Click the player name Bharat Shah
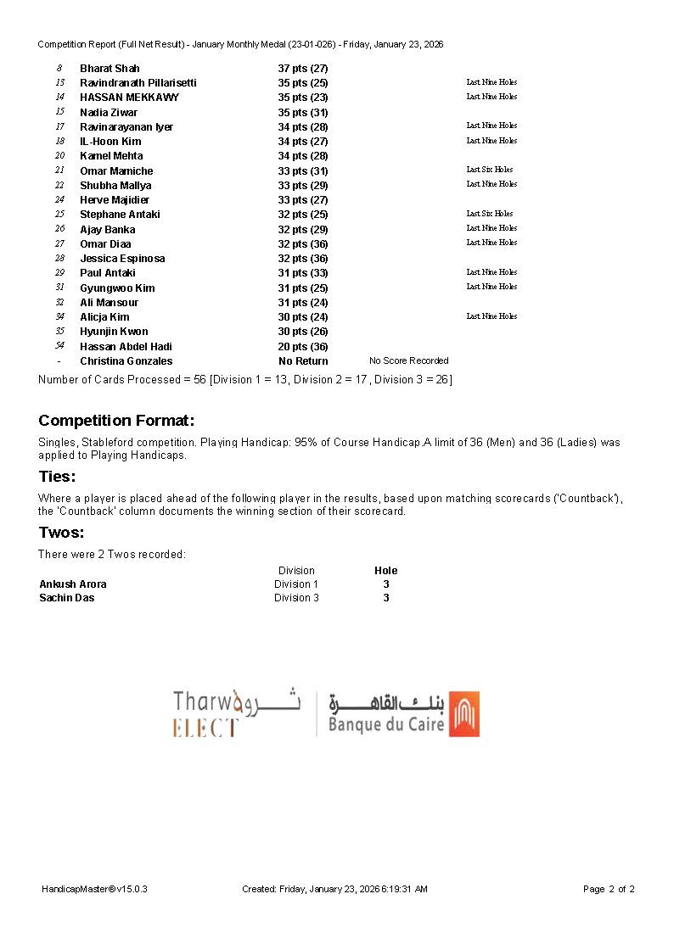click(110, 69)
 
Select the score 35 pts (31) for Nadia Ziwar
click(303, 113)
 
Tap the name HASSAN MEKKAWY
click(129, 98)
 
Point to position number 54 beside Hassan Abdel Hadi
click(59, 346)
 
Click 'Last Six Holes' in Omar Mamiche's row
click(490, 170)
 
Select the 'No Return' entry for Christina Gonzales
click(303, 361)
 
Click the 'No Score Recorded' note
click(408, 361)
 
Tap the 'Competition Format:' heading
click(116, 421)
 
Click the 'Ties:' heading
click(57, 477)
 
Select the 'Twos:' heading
click(61, 533)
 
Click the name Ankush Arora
click(73, 584)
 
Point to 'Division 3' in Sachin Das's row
click(296, 598)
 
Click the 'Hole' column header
click(386, 571)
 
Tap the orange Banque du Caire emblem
click(464, 714)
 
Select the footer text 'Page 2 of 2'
click(609, 890)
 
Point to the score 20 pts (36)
click(303, 347)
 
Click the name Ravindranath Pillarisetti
click(138, 83)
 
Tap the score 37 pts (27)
click(303, 69)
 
